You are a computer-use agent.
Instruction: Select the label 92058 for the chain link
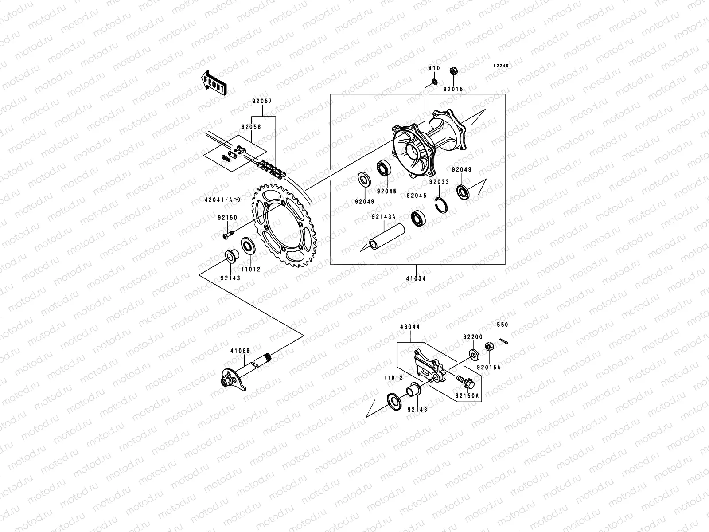point(251,127)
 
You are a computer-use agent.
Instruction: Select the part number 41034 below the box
point(417,279)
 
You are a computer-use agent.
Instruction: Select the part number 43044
point(410,327)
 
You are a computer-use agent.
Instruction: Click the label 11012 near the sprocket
point(251,269)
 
